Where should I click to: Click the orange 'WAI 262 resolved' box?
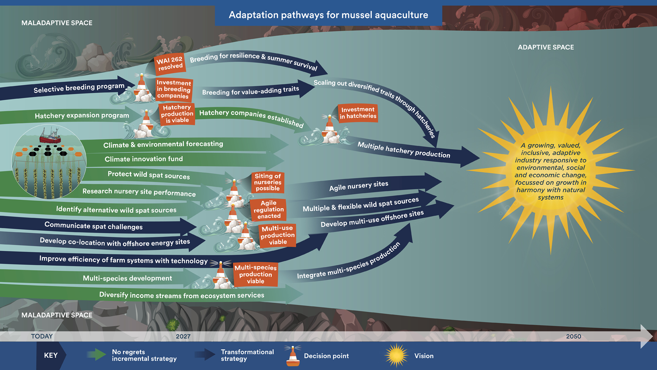[170, 63]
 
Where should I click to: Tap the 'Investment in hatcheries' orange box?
[358, 113]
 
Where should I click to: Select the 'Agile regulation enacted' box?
[269, 209]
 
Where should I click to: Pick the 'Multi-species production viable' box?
[256, 274]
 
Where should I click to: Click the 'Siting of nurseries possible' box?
[268, 182]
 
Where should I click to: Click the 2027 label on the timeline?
[183, 336]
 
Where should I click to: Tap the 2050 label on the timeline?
[574, 336]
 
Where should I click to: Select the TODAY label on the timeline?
[42, 336]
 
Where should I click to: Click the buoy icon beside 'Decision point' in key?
[293, 356]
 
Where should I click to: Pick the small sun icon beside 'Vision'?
[396, 356]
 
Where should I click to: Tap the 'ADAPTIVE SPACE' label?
[546, 47]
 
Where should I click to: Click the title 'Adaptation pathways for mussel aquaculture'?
[328, 15]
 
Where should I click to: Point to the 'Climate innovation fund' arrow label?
[144, 159]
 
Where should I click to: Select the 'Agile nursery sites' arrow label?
[359, 186]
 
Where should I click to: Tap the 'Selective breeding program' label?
[79, 88]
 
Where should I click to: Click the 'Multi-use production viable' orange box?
[278, 235]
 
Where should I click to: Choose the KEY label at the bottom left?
[51, 356]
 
